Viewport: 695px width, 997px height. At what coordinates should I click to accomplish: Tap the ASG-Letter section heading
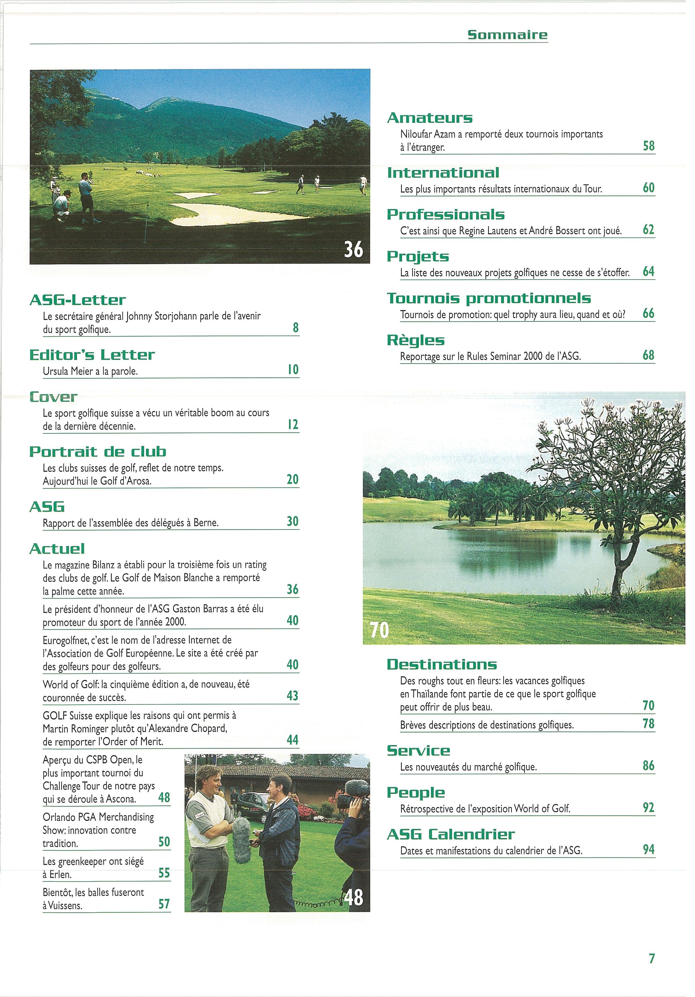pyautogui.click(x=77, y=300)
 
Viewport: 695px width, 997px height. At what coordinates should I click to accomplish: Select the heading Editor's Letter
pyautogui.click(x=92, y=355)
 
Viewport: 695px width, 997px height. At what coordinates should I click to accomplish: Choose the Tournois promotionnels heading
pyautogui.click(x=489, y=298)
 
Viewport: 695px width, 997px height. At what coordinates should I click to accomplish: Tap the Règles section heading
pyautogui.click(x=415, y=340)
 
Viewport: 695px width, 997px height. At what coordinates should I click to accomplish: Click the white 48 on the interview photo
pyautogui.click(x=354, y=897)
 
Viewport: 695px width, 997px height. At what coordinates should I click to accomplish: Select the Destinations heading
pyautogui.click(x=441, y=664)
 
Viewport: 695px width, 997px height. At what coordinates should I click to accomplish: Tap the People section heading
pyautogui.click(x=415, y=793)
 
